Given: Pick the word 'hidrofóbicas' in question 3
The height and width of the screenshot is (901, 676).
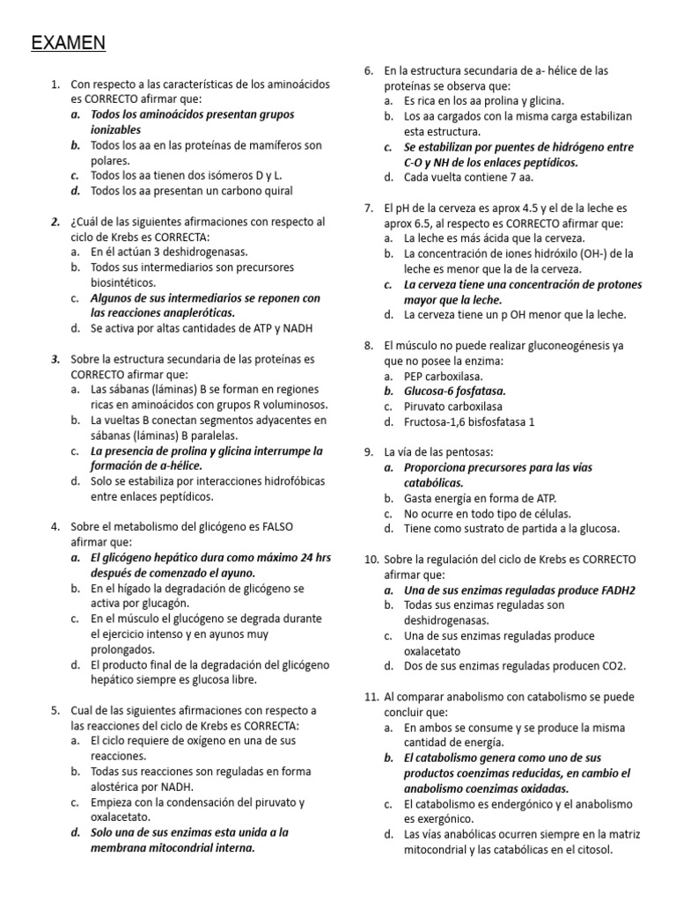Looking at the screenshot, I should coord(280,481).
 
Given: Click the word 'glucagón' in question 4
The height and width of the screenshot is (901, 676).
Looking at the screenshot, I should coord(204,603).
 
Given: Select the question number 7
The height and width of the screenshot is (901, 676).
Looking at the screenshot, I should coord(368,208).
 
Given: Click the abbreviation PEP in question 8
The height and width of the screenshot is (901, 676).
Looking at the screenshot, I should coord(415,376).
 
